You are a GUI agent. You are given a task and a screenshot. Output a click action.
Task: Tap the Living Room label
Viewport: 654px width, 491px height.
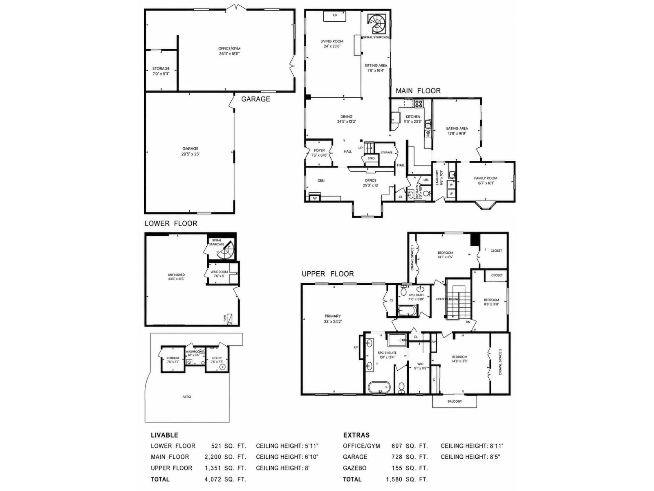[331, 43]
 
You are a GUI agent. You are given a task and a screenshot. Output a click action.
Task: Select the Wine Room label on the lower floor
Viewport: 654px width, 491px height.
[219, 274]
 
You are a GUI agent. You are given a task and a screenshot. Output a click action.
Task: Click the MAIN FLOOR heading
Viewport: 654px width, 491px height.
[418, 91]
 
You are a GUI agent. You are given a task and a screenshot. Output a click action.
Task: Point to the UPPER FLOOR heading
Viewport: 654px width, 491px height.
[327, 274]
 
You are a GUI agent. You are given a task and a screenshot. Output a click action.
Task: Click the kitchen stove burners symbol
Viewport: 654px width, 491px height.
[418, 104]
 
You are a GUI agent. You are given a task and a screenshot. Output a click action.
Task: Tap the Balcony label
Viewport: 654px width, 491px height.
[455, 401]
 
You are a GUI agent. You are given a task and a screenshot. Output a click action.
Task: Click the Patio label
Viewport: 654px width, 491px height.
[187, 396]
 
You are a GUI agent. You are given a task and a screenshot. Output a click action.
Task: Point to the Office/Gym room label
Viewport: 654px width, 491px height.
[229, 51]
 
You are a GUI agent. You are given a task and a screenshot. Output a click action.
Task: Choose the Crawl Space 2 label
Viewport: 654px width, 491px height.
[500, 362]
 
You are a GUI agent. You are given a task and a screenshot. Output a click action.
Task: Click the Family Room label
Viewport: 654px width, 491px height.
[486, 180]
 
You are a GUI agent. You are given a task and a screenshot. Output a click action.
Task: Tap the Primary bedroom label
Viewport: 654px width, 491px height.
[333, 319]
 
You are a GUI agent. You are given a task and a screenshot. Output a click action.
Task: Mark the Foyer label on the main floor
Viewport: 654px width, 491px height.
[319, 153]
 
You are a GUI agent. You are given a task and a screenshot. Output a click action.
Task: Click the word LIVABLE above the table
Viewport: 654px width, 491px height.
[164, 435]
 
